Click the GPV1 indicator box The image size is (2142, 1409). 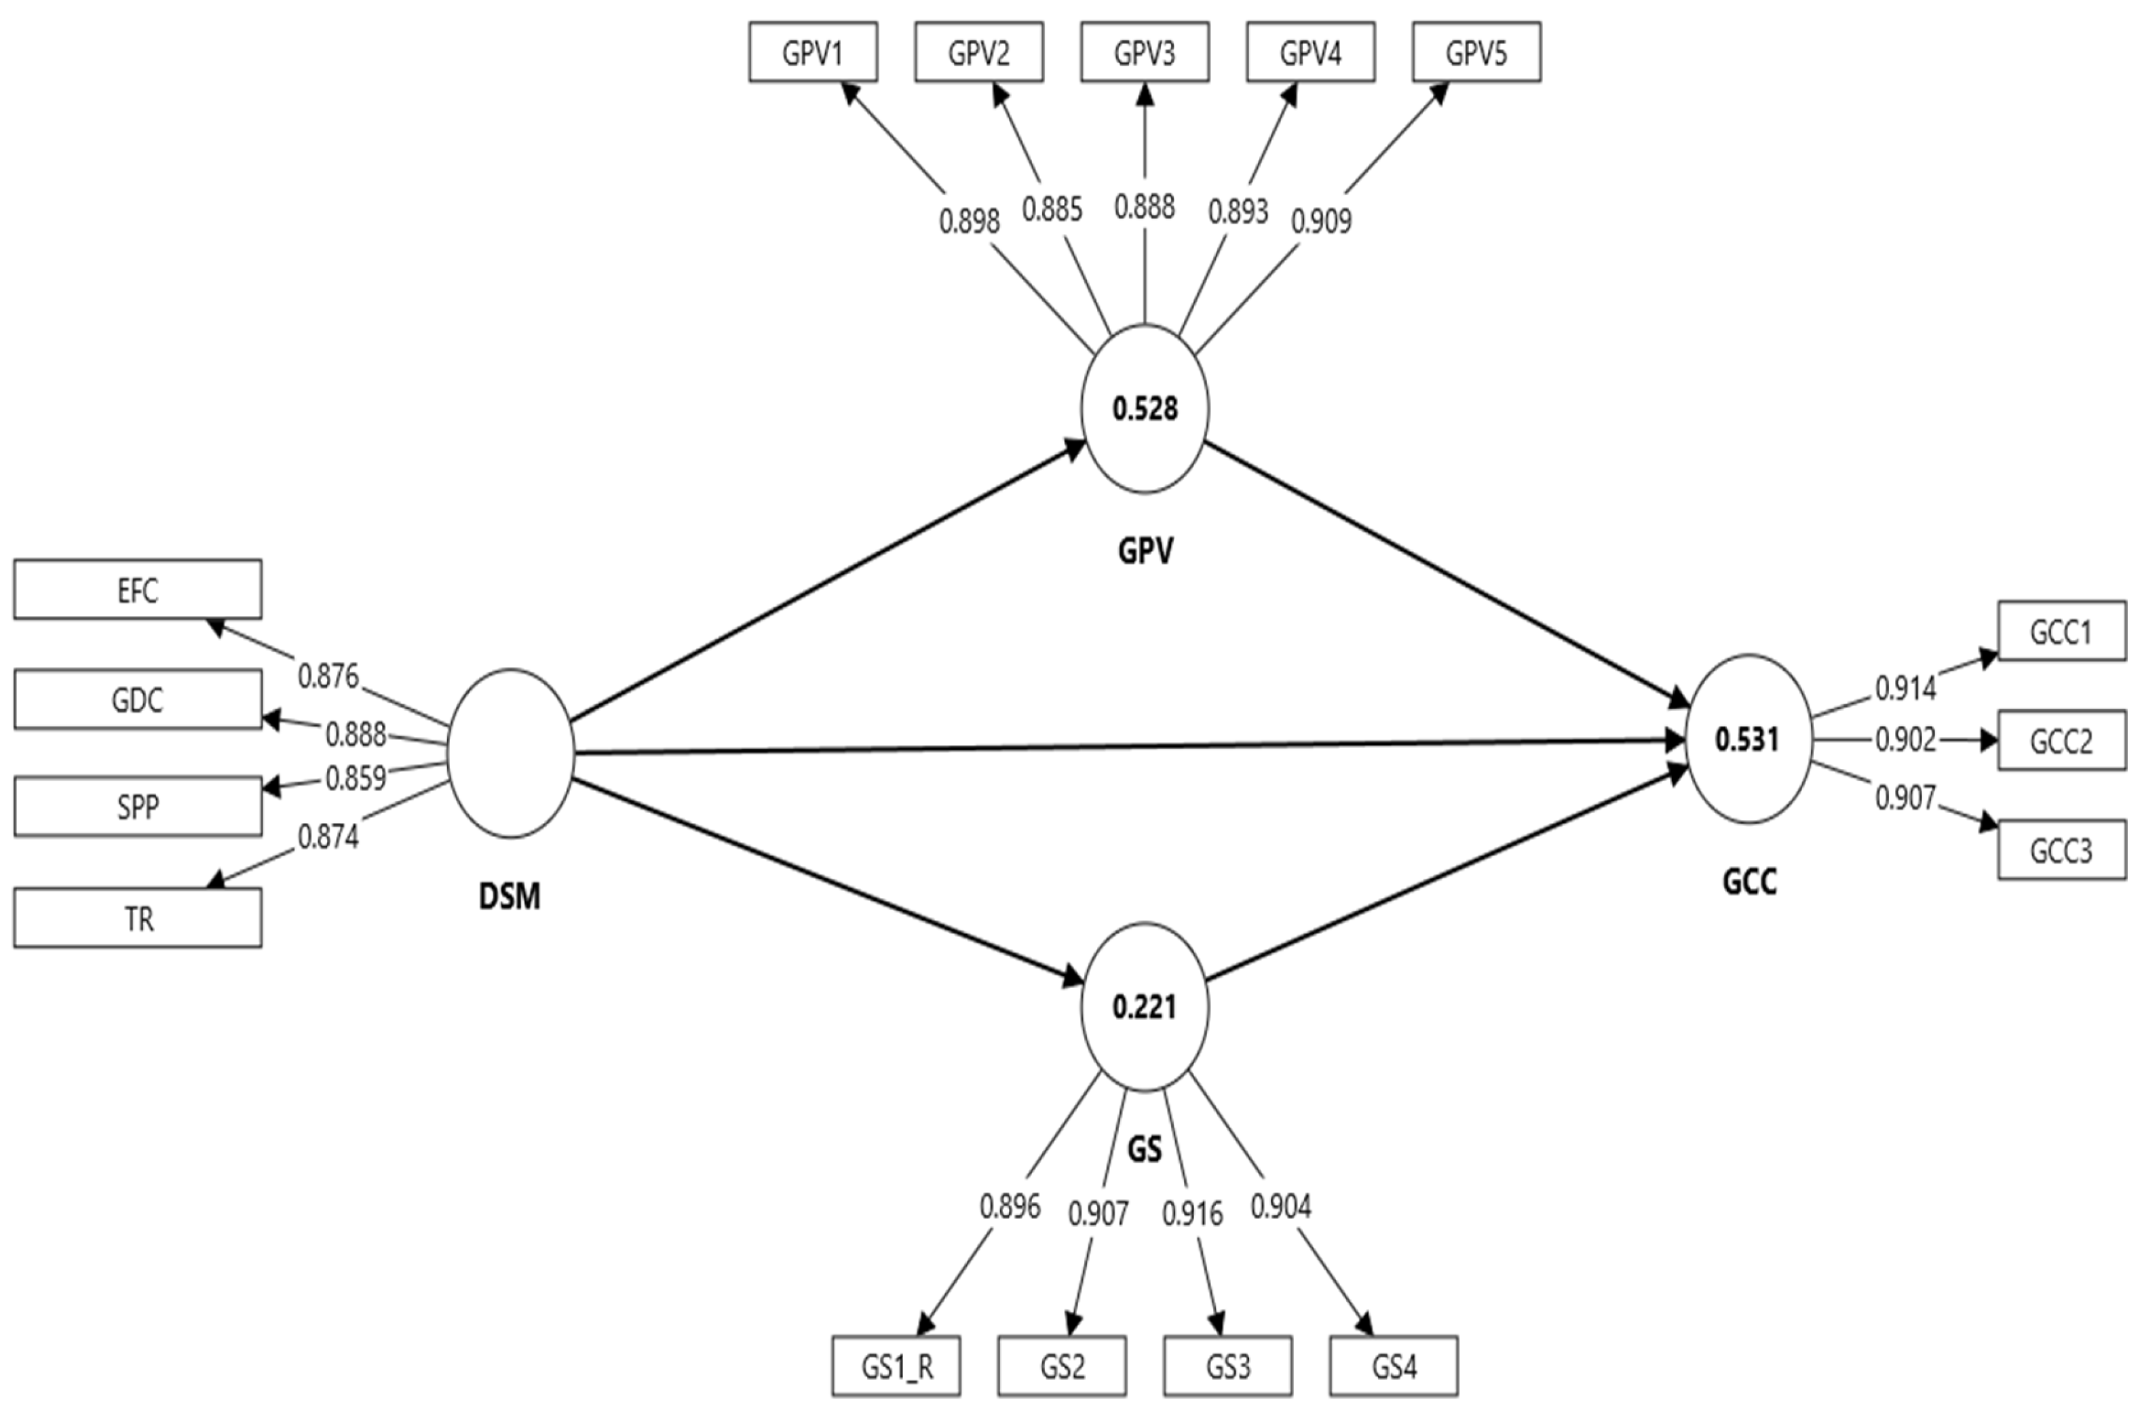813,53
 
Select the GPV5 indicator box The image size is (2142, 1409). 1476,53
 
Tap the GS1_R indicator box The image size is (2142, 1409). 896,1366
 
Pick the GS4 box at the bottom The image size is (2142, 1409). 1393,1366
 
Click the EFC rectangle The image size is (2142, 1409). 138,590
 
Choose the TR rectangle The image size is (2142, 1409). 138,919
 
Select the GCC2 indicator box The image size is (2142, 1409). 2061,741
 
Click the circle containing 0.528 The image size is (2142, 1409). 1145,408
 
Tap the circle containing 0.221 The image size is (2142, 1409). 1145,1006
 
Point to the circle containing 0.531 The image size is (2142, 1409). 1748,739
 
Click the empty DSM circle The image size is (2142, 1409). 510,753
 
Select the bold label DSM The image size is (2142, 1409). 510,896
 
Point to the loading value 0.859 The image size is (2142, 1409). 356,777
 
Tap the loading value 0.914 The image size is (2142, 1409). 1905,689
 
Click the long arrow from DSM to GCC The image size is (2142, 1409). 1125,747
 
